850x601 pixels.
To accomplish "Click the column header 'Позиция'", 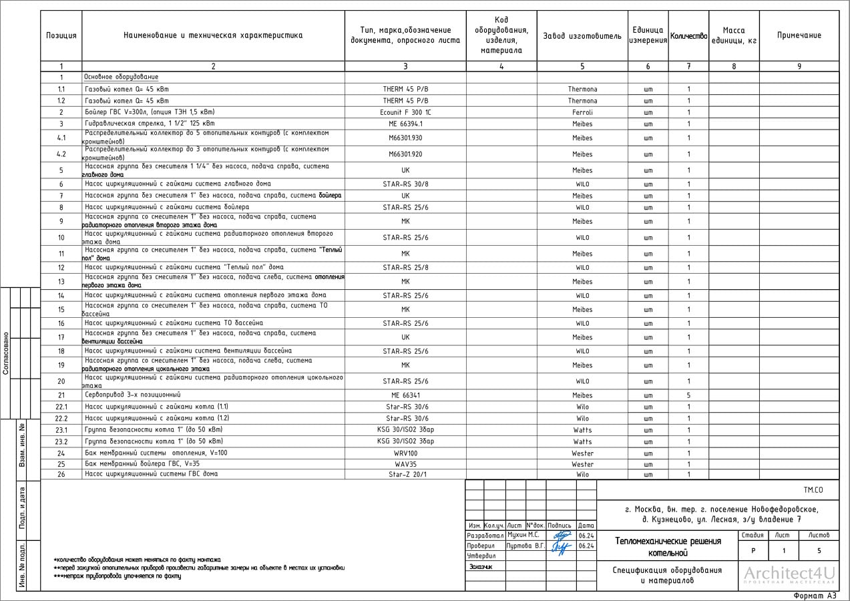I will (61, 36).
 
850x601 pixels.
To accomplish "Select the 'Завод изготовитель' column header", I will (582, 36).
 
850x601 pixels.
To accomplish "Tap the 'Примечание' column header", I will (799, 36).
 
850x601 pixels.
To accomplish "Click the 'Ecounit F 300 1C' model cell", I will (405, 113).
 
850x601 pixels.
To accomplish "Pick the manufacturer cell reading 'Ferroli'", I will (582, 113).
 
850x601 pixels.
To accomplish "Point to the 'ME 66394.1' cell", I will (405, 124).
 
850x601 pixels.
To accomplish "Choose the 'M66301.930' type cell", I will (405, 138).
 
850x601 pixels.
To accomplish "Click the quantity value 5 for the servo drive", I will (688, 396).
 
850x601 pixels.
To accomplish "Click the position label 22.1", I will (61, 407).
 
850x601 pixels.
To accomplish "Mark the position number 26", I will (61, 475).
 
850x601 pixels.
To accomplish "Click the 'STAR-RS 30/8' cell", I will (405, 184).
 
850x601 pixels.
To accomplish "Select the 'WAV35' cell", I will (405, 464).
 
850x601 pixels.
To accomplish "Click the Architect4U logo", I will (789, 575).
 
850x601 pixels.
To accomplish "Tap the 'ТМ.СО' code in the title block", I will (813, 491).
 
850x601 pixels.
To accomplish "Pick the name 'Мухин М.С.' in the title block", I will (523, 536).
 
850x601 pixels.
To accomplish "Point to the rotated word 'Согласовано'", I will (6, 353).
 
